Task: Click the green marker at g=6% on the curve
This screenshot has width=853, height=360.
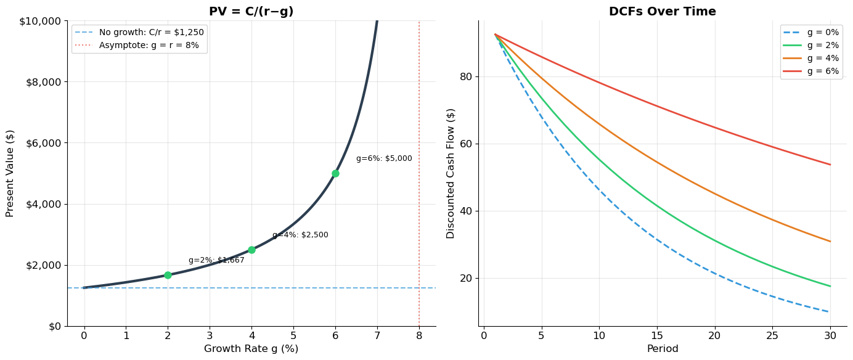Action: pos(335,173)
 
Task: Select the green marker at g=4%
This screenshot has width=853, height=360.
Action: pos(251,250)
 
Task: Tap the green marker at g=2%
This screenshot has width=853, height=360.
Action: pos(168,275)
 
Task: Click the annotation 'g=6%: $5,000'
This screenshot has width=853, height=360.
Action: pos(384,158)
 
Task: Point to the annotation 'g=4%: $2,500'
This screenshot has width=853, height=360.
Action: pos(300,235)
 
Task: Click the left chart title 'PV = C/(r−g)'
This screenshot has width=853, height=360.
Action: pos(251,12)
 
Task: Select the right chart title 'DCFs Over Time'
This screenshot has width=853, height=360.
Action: pos(663,12)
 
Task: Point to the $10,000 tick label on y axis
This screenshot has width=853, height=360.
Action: pos(40,21)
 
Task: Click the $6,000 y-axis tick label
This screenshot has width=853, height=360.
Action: pos(43,143)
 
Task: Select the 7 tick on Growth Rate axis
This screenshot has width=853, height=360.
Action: pos(377,336)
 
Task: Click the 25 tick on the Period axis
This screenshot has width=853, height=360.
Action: pos(772,336)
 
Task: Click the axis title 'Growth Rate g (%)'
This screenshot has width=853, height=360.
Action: pos(251,349)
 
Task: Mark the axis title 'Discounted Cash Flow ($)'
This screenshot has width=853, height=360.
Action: pos(451,173)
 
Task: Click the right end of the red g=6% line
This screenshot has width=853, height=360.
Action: pos(830,165)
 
